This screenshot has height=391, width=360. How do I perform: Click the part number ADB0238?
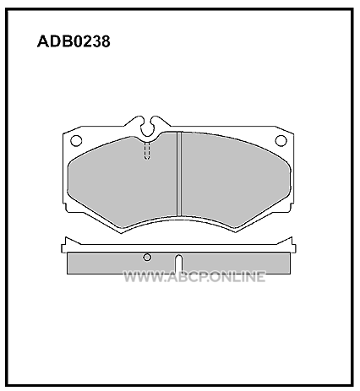point(74,41)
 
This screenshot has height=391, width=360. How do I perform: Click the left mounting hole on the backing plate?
point(76,140)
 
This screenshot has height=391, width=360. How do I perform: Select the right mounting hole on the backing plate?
point(281,140)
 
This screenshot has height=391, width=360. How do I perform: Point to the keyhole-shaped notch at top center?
point(148,127)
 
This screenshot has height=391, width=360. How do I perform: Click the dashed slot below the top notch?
point(147,150)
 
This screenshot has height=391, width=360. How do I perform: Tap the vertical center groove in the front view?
point(179,174)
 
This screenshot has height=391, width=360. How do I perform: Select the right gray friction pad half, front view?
point(234,180)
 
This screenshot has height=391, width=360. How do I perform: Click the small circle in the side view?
point(147,257)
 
